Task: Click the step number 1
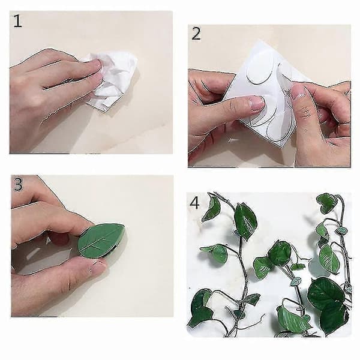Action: tap(17, 21)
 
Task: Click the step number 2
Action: tap(196, 34)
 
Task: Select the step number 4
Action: tap(194, 203)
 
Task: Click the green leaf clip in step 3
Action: tap(101, 241)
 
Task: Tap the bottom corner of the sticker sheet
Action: tap(282, 148)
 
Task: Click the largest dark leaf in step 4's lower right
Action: tap(326, 291)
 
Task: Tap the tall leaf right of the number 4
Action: tap(245, 221)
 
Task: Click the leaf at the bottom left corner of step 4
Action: tap(201, 308)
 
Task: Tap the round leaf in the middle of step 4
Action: tap(280, 253)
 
